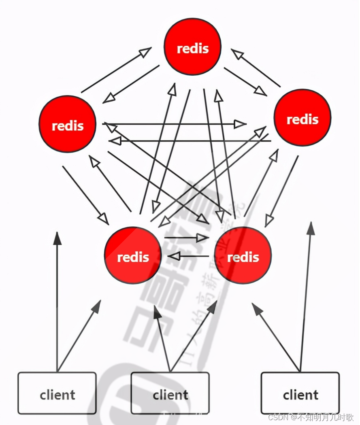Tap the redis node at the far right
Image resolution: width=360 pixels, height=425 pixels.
click(x=302, y=118)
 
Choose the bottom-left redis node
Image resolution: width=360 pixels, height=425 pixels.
click(x=133, y=255)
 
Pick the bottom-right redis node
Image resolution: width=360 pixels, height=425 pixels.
click(x=243, y=255)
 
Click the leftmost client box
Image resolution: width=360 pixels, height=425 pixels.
click(x=57, y=393)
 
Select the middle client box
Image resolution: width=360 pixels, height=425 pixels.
click(x=170, y=393)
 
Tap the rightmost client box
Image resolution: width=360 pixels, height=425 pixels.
click(x=300, y=393)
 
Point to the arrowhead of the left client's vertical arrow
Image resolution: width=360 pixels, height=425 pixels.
click(x=58, y=239)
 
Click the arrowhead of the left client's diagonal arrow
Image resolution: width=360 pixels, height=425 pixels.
click(x=97, y=306)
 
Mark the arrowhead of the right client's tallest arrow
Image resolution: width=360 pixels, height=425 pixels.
click(x=311, y=228)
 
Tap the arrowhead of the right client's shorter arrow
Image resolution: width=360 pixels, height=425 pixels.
click(x=257, y=308)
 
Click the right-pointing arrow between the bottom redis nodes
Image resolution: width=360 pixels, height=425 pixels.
click(x=202, y=238)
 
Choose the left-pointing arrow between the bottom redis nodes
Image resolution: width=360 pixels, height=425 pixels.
click(x=173, y=256)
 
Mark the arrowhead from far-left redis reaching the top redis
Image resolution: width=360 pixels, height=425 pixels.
click(x=145, y=51)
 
